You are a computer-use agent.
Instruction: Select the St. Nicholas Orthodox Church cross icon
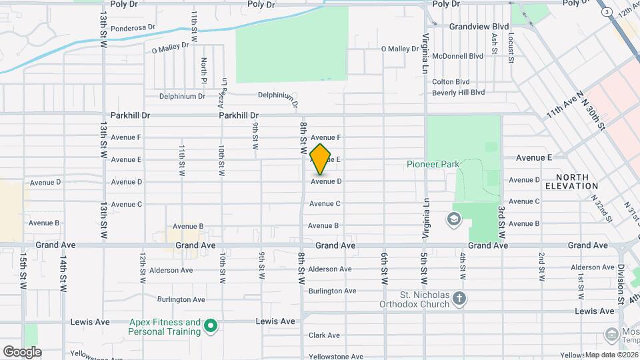459,298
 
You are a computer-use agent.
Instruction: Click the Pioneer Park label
431,164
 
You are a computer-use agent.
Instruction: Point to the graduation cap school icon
454,219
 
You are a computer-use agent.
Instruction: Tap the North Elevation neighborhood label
571,181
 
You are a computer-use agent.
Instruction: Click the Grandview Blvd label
479,27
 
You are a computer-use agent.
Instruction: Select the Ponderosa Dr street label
133,28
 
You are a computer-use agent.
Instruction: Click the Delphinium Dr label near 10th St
182,96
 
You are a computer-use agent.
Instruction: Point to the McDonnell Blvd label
457,57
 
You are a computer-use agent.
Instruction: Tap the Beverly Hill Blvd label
458,92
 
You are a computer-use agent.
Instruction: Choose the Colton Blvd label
451,82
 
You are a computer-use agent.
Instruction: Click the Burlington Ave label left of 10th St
181,300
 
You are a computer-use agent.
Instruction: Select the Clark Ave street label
324,335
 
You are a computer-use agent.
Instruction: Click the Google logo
22,351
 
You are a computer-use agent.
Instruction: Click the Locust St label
511,49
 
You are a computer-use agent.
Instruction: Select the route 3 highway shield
606,13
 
